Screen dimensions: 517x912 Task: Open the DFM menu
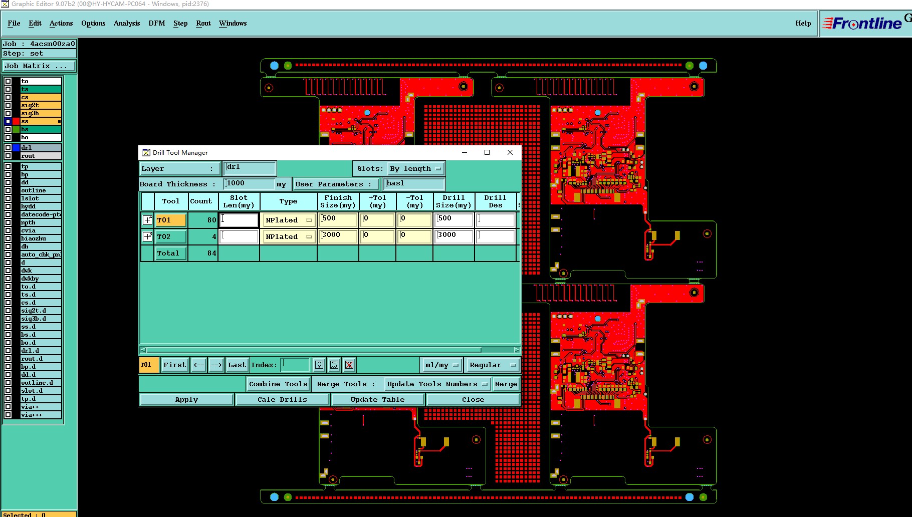tap(156, 24)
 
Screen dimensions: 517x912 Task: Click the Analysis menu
tap(126, 24)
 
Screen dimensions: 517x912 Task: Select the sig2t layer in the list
tap(40, 105)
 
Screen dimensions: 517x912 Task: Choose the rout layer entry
tap(40, 156)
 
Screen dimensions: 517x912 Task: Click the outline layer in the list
tap(40, 190)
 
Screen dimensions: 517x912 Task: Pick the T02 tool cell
tap(170, 236)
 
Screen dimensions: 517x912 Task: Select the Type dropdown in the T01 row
tap(289, 220)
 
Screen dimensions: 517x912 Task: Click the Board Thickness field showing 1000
tap(249, 184)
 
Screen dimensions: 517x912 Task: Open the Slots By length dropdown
tap(415, 169)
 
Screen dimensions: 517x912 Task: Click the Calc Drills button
tap(282, 400)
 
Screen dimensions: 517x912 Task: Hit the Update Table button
tap(377, 400)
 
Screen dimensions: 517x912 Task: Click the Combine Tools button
tap(278, 384)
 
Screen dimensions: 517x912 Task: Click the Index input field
tap(295, 365)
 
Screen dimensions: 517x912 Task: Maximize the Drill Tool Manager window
tap(487, 152)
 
